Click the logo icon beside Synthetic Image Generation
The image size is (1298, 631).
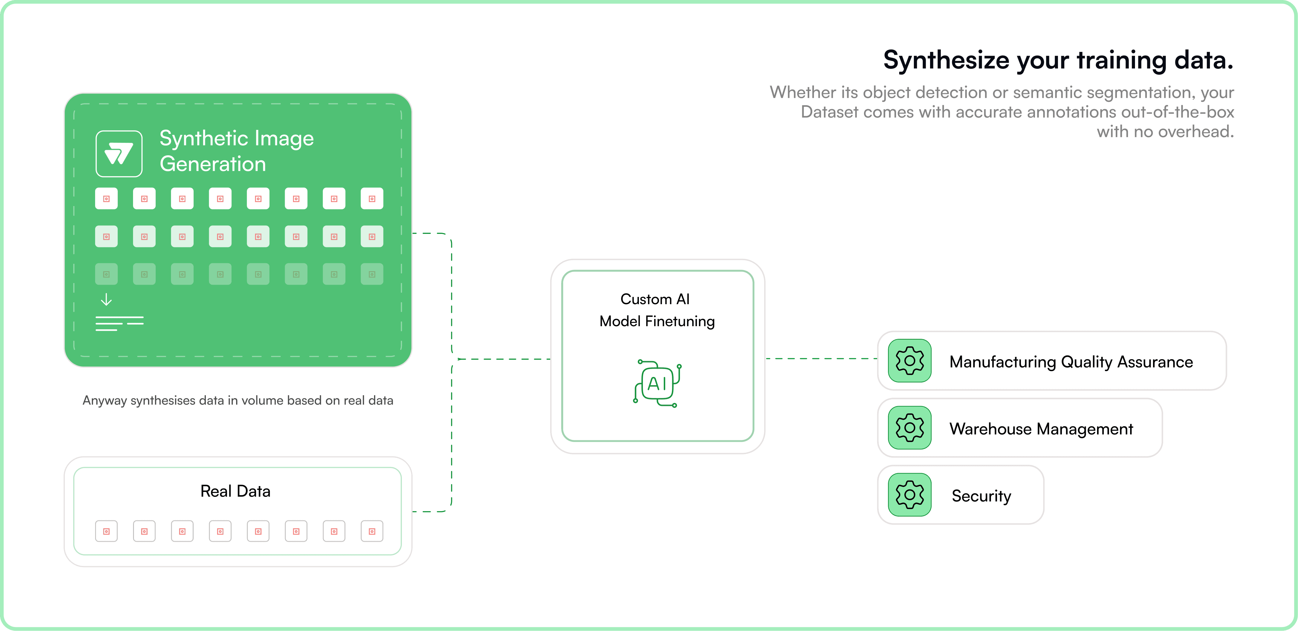tap(119, 153)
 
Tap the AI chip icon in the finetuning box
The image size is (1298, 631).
tap(657, 383)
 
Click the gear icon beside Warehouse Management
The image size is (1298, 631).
tap(910, 428)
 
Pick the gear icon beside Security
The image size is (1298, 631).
tap(910, 495)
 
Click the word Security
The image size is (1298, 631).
tap(981, 496)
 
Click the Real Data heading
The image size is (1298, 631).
tap(235, 491)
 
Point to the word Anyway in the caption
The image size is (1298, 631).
tap(104, 401)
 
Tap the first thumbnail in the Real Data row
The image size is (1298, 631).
tap(106, 531)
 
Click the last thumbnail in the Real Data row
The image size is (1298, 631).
tap(372, 531)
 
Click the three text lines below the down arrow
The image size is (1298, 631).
tap(119, 323)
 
